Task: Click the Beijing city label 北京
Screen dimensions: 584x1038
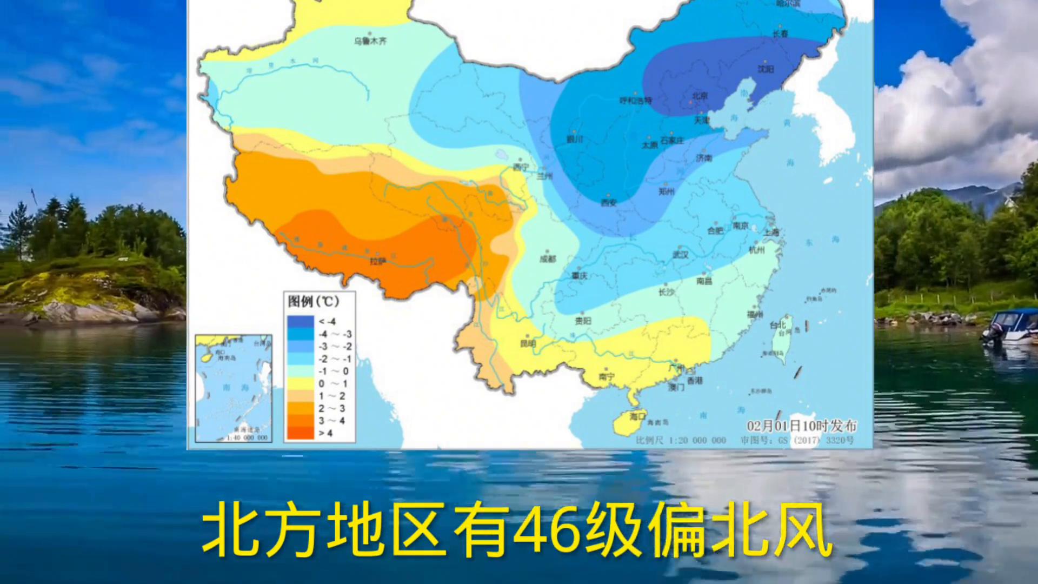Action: pyautogui.click(x=700, y=96)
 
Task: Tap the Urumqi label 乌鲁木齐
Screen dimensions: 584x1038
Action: pyautogui.click(x=370, y=41)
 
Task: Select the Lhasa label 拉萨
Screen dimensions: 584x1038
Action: pyautogui.click(x=378, y=261)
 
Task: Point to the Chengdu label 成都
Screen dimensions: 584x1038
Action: pyautogui.click(x=548, y=259)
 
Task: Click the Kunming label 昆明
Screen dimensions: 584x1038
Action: pyautogui.click(x=528, y=343)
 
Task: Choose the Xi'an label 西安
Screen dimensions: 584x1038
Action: pyautogui.click(x=609, y=203)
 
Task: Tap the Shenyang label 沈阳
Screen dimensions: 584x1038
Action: pyautogui.click(x=766, y=69)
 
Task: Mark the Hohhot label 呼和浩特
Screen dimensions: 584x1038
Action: pyautogui.click(x=636, y=101)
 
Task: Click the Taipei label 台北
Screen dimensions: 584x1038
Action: pyautogui.click(x=777, y=325)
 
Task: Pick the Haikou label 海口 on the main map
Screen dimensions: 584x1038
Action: pyautogui.click(x=637, y=416)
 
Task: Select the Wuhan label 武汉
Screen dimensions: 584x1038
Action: pyautogui.click(x=680, y=255)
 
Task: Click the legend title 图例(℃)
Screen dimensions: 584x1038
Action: pyautogui.click(x=314, y=302)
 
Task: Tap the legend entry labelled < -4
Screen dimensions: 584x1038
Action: pyautogui.click(x=327, y=322)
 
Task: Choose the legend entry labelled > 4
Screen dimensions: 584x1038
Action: pyautogui.click(x=325, y=433)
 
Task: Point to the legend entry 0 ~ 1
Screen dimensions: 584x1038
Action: pyautogui.click(x=332, y=384)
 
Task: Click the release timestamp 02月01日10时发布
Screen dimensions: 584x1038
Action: pyautogui.click(x=802, y=426)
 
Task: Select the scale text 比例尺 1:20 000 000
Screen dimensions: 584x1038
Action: pyautogui.click(x=681, y=440)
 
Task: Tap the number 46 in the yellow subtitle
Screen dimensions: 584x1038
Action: pyautogui.click(x=547, y=530)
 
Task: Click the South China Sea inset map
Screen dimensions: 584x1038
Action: pyautogui.click(x=234, y=388)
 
